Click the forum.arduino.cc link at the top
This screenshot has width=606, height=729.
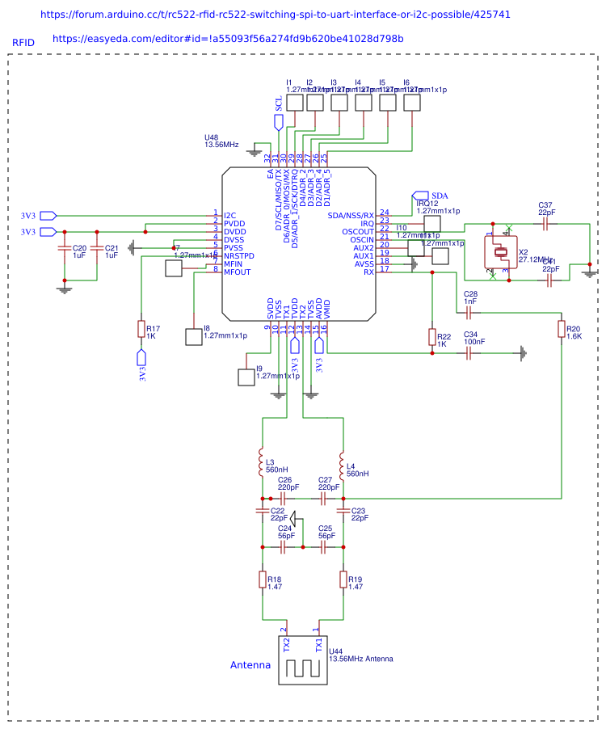tap(275, 15)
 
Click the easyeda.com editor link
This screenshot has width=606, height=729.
tap(228, 39)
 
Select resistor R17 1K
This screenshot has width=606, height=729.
tap(141, 329)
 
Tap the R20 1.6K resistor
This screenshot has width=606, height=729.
tap(561, 329)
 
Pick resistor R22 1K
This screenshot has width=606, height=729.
tap(431, 337)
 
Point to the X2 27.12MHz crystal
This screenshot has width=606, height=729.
tap(500, 252)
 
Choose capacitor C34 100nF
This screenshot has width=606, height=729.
tap(469, 353)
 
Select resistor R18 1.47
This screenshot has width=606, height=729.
tap(262, 579)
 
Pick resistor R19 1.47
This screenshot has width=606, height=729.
tap(343, 579)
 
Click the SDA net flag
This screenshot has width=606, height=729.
tap(422, 196)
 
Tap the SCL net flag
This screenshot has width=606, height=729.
tap(279, 122)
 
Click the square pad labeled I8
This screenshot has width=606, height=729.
tap(194, 337)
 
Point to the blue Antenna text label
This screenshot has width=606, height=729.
tap(250, 665)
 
